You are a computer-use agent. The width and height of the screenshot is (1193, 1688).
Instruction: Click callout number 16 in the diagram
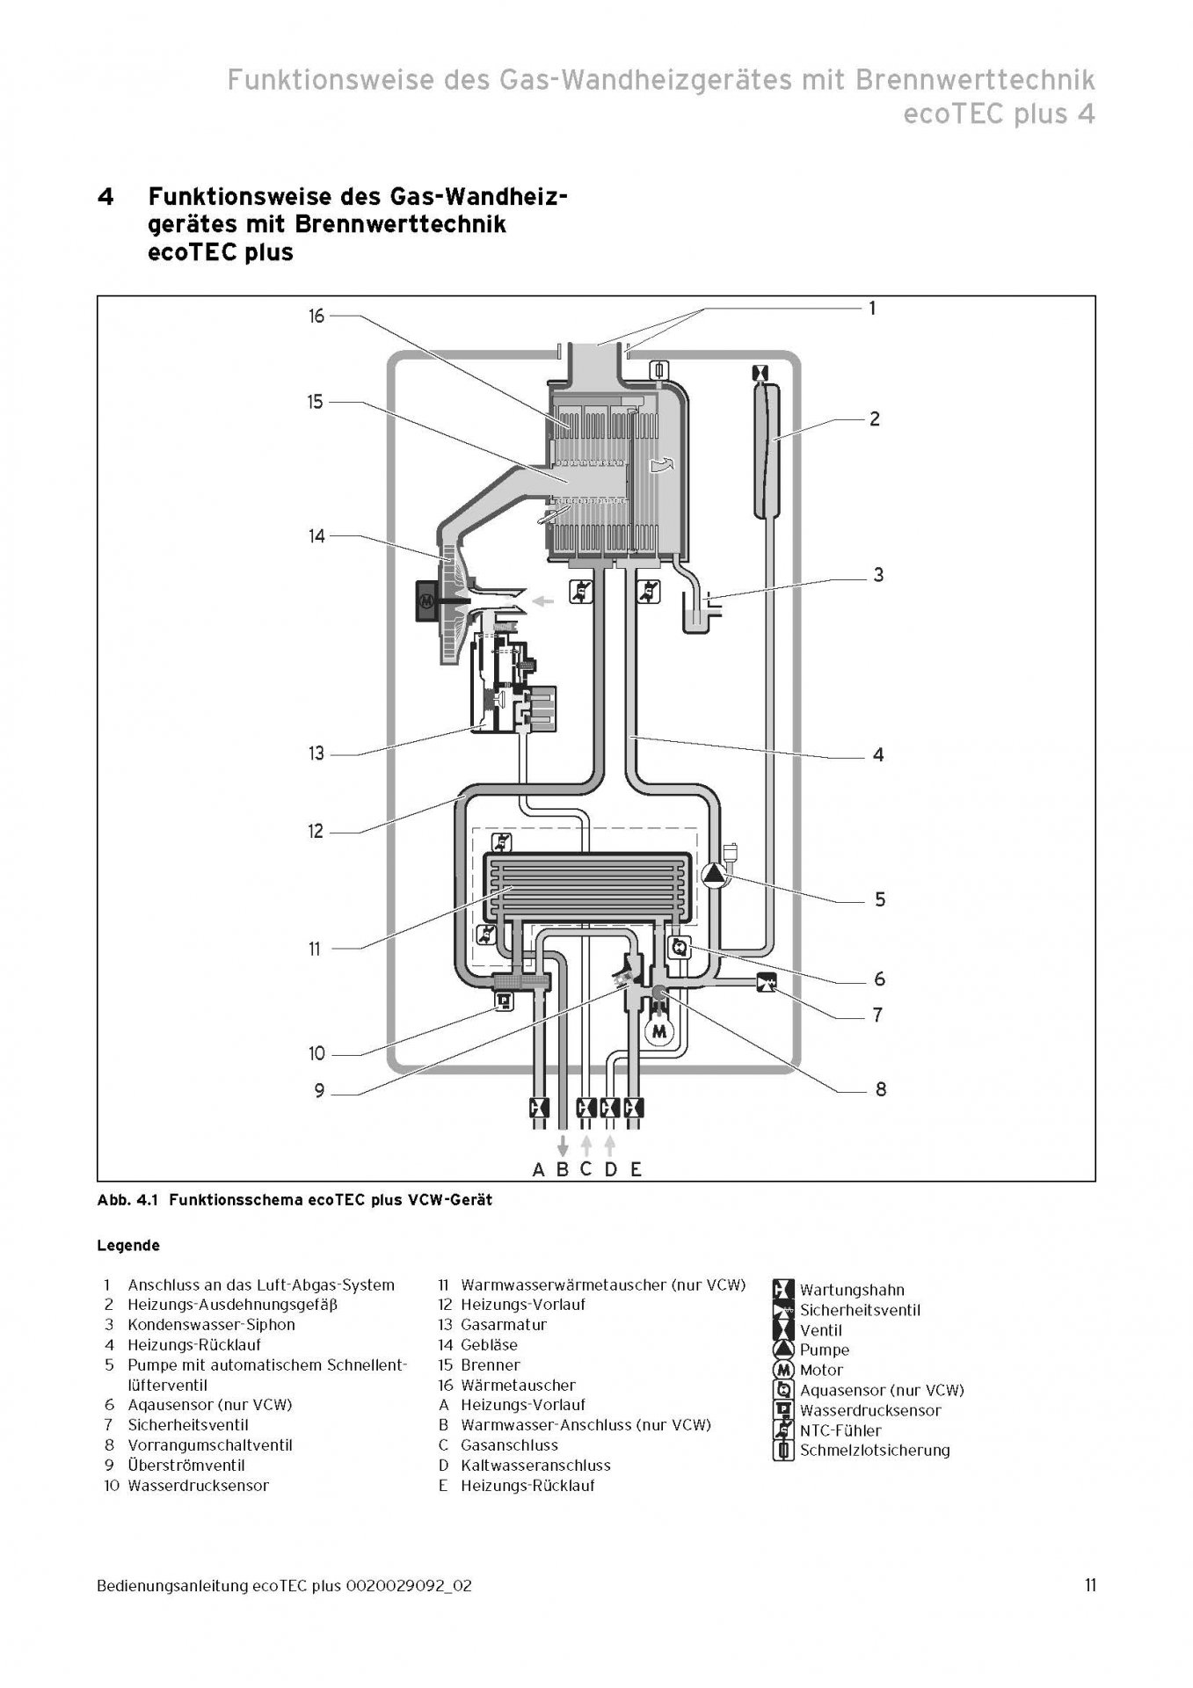tap(316, 316)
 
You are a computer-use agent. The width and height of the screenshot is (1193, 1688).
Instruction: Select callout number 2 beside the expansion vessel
tap(874, 419)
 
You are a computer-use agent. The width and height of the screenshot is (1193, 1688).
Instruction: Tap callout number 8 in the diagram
tap(880, 1090)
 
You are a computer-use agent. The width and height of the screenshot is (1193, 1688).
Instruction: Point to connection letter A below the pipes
tap(539, 1170)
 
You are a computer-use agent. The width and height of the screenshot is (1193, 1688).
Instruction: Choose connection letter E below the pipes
tap(636, 1170)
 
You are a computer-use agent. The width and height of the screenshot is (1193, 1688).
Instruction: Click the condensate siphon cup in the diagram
tap(699, 613)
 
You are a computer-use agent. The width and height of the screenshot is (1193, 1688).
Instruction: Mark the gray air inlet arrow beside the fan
tap(545, 602)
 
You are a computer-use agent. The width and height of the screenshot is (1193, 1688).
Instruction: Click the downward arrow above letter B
tap(564, 1146)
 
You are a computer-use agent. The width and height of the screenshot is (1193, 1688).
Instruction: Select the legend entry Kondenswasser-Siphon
tap(211, 1325)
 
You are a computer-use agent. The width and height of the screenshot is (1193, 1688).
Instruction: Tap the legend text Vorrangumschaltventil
tap(210, 1445)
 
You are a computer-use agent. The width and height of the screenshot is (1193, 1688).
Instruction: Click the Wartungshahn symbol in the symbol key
tap(782, 1290)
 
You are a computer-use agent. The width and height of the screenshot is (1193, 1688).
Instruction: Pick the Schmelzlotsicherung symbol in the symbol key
tap(782, 1451)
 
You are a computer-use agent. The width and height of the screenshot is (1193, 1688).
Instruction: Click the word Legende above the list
tap(128, 1246)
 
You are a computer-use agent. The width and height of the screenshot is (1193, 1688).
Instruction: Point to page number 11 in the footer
tap(1089, 1586)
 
